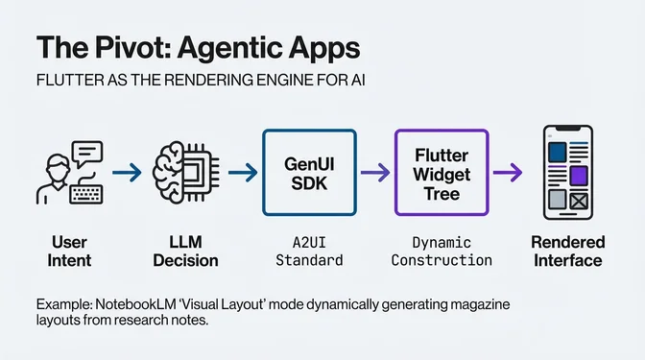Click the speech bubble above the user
86,152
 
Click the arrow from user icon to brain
126,173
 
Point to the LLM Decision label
186,252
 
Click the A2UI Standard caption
308,252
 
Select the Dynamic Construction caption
442,252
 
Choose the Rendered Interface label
567,252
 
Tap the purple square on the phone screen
578,176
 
